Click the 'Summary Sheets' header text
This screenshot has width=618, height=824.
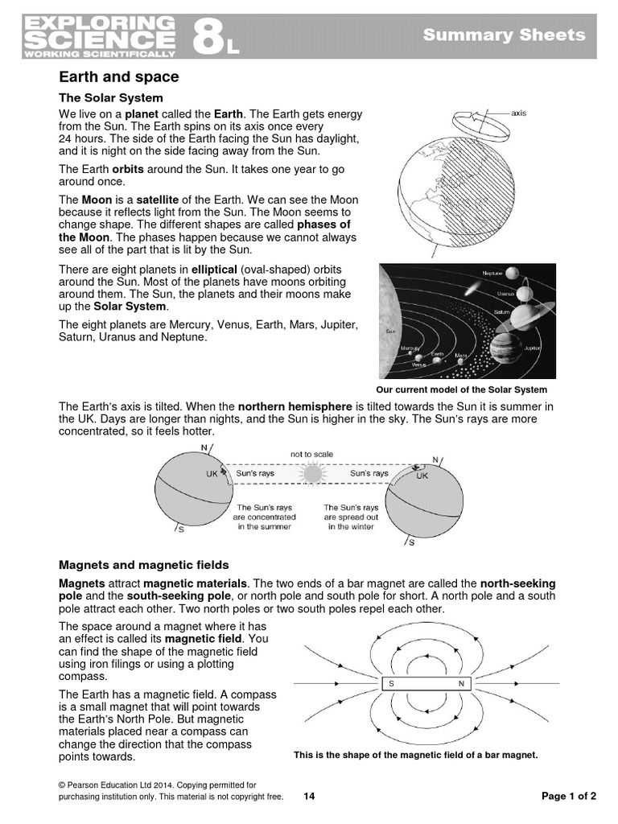click(505, 35)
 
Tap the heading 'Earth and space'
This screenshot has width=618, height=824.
click(119, 77)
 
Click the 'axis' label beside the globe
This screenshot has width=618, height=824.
click(519, 113)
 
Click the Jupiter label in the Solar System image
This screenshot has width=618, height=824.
click(532, 348)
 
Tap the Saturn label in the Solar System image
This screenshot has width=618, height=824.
click(502, 311)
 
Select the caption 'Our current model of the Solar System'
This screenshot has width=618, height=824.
click(467, 389)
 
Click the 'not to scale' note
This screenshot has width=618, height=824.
click(311, 455)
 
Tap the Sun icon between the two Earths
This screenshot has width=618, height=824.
click(311, 475)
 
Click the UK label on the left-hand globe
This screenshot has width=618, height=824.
click(212, 475)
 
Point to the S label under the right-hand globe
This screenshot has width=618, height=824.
click(412, 542)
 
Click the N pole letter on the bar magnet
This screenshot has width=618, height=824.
click(461, 684)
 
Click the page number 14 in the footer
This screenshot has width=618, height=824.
click(309, 797)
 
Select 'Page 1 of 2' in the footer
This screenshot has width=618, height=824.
click(569, 797)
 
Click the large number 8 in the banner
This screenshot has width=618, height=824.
click(207, 36)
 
